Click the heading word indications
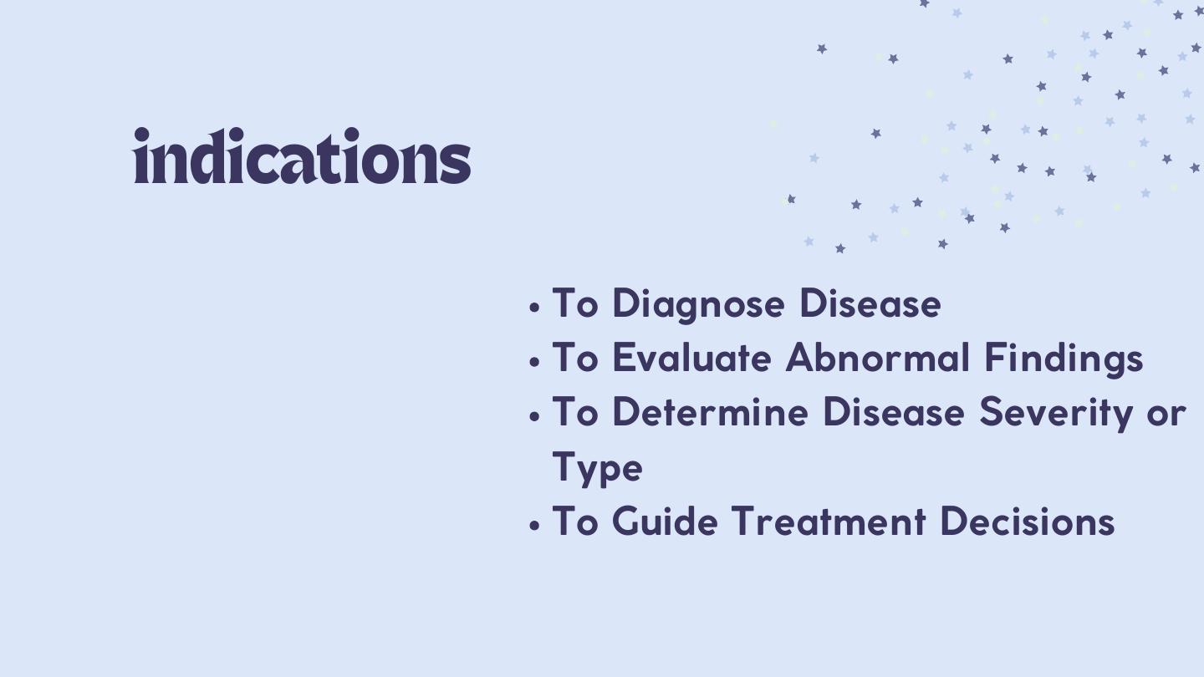pos(302,155)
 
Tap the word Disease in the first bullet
pos(870,303)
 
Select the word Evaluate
pos(691,358)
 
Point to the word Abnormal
pos(878,358)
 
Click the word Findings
pos(1064,359)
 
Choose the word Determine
pos(710,412)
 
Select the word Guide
pos(665,522)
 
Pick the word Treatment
pos(829,522)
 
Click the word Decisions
pos(1027,522)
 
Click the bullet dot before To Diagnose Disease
pos(533,308)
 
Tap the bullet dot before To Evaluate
pos(533,362)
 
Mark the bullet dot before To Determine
pos(533,416)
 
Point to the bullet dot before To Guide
pos(533,525)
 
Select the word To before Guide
pos(575,522)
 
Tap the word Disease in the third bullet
pos(893,412)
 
